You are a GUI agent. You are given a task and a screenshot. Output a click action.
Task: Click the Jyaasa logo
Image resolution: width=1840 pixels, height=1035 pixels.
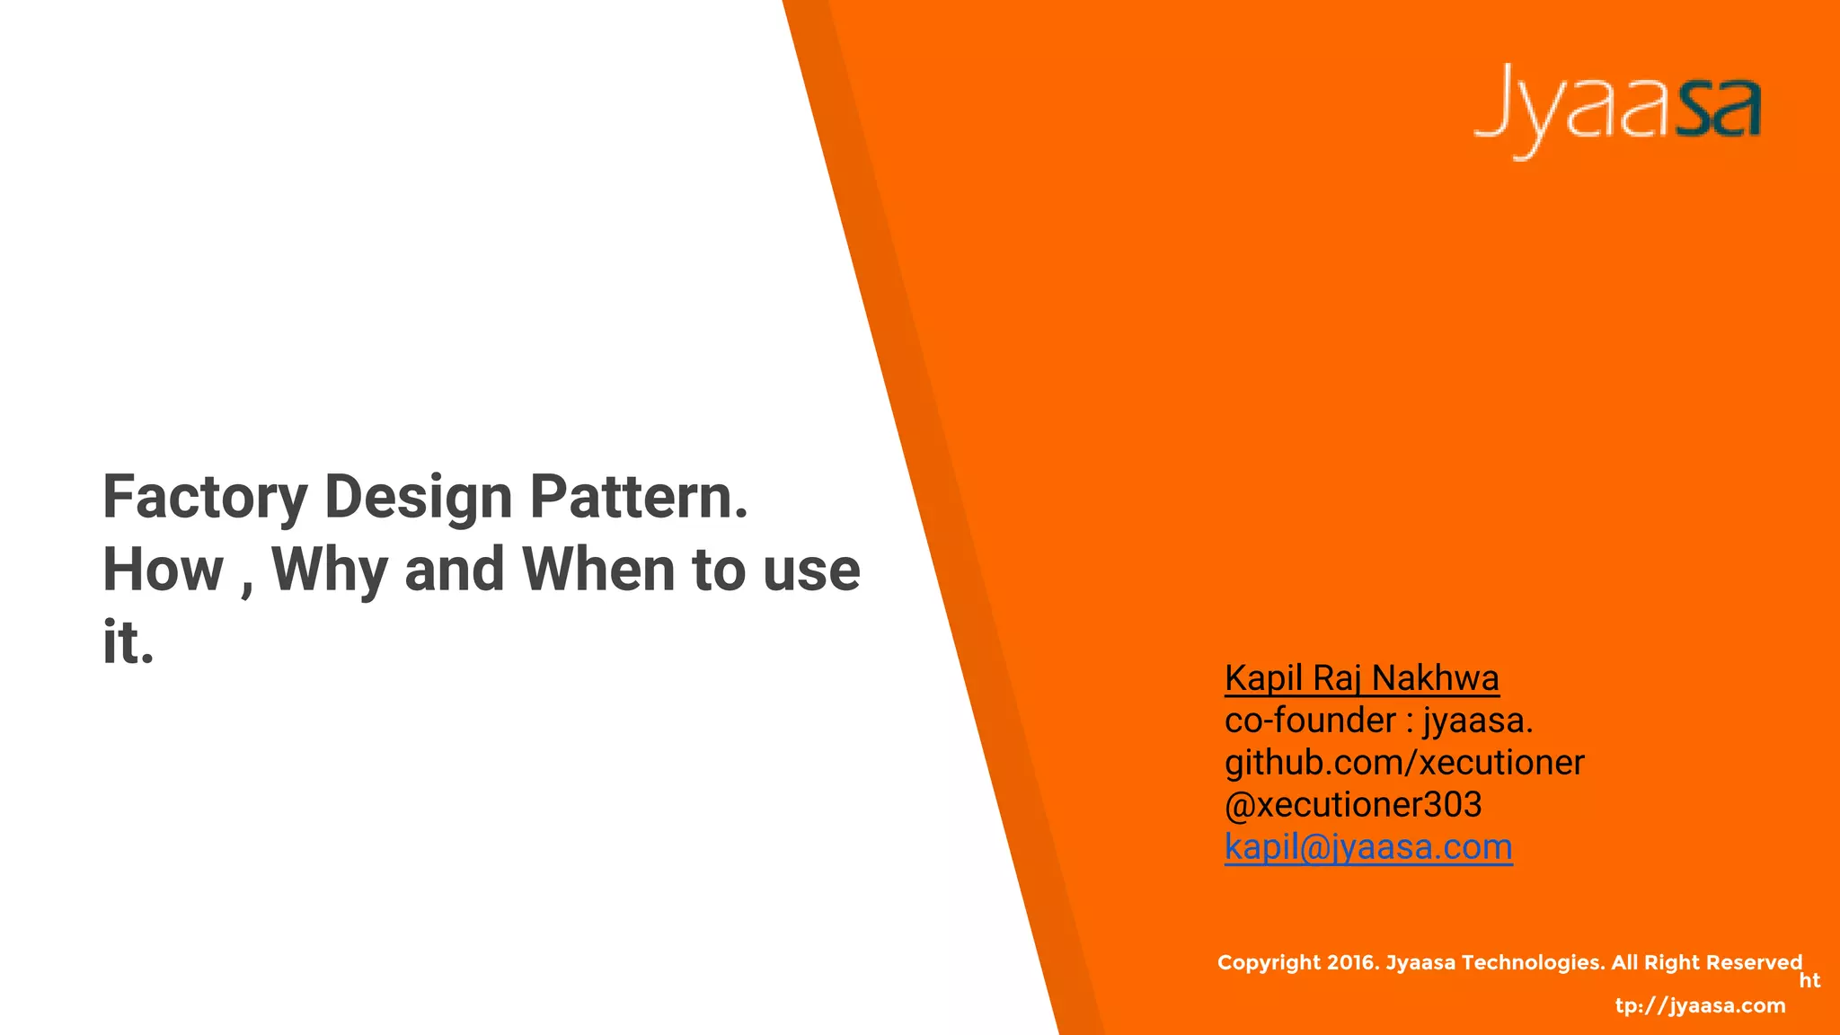pos(1617,110)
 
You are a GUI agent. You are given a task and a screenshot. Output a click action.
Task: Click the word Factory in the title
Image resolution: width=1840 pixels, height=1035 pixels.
pos(205,497)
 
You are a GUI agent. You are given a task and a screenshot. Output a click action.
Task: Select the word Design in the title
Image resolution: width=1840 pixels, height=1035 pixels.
pos(418,497)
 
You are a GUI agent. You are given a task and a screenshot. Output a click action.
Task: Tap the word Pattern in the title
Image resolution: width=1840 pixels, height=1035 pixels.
pos(638,497)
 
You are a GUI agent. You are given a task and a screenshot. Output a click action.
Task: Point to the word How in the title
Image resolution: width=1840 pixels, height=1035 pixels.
pos(163,570)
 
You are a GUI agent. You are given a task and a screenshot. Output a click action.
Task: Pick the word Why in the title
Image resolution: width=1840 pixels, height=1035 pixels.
pos(330,570)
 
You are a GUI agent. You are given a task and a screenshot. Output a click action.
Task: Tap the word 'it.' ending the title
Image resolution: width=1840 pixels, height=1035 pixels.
pos(128,642)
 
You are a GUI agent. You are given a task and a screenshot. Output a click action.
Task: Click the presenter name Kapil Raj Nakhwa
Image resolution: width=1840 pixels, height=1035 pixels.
pos(1361,678)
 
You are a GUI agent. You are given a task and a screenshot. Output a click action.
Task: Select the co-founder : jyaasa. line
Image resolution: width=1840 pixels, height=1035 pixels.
pos(1378,721)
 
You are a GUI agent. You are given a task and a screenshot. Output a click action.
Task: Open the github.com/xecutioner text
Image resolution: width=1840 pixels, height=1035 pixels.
pos(1404,763)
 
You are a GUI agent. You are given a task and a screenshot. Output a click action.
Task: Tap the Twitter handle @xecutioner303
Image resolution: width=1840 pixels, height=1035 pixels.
pos(1353,805)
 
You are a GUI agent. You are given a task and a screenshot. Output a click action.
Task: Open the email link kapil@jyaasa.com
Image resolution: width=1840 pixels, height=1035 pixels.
pos(1368,847)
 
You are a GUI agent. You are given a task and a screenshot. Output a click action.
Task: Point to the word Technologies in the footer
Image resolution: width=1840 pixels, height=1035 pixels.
pos(1533,963)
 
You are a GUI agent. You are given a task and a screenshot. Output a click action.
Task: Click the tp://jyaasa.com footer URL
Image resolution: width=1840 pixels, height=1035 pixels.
pos(1700,1005)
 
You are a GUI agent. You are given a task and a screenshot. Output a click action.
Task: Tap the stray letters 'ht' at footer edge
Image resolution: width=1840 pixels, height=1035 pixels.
pos(1809,981)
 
